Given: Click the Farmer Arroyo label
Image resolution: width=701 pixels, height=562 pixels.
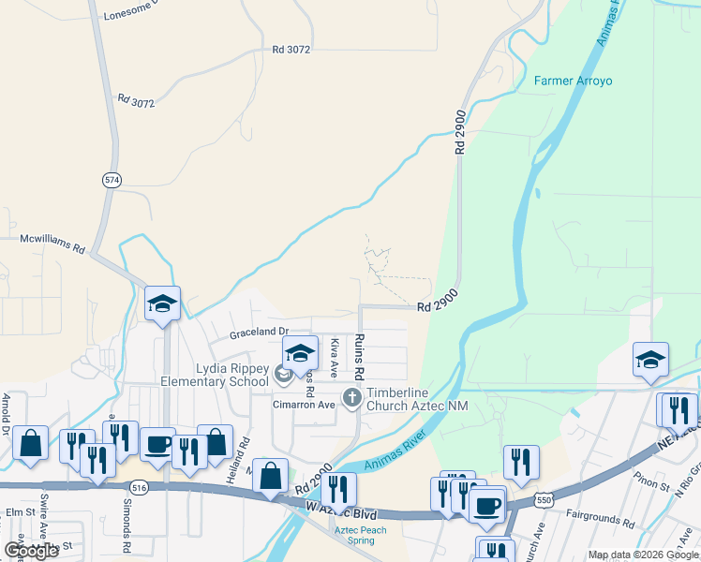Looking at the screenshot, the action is pos(573,81).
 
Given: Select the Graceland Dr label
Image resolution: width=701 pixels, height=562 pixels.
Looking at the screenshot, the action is pos(259,333).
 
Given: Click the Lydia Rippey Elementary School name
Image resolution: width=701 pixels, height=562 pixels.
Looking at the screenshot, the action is pos(215,375).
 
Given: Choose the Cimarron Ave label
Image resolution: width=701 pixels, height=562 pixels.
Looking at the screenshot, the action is pos(304,406).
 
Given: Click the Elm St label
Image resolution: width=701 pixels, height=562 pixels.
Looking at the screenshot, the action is pos(19,512).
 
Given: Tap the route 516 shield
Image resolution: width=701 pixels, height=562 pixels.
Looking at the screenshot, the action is pos(139,488).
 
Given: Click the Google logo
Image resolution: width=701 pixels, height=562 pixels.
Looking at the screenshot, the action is pos(30,550).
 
